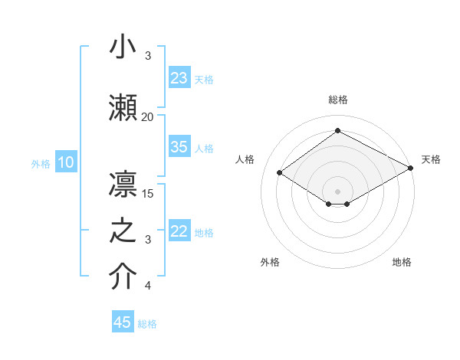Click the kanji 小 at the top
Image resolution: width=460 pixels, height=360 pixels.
tap(123, 47)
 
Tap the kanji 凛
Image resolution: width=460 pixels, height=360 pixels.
tap(123, 184)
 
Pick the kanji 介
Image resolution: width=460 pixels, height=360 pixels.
tap(123, 277)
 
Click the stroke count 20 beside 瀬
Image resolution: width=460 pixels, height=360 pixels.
tap(147, 117)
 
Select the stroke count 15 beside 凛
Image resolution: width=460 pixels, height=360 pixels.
tap(148, 193)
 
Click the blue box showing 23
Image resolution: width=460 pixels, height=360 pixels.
tap(179, 78)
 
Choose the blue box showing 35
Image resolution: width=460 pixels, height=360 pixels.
tap(179, 147)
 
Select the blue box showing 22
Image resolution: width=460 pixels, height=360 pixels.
tap(179, 232)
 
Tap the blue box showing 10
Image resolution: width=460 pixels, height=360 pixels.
tap(66, 162)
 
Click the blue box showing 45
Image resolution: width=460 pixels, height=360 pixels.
tap(123, 322)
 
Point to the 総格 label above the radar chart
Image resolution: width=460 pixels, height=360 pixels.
tap(337, 100)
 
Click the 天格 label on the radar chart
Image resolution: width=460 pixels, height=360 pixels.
tap(431, 159)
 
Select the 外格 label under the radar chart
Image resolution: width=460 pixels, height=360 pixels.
tap(270, 262)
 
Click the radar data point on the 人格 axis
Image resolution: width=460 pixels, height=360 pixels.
tap(280, 173)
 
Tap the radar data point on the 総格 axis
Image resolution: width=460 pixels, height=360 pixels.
tap(337, 131)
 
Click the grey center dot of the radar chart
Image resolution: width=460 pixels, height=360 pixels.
tap(337, 191)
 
